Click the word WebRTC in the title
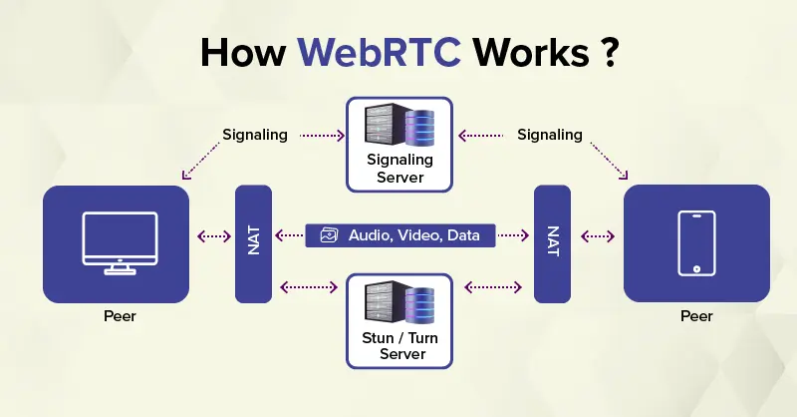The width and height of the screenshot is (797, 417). tap(380, 52)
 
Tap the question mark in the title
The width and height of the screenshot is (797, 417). tap(610, 52)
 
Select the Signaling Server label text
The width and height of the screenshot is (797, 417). tap(399, 169)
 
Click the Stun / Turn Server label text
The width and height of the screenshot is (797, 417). tap(400, 346)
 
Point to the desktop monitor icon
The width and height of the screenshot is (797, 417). tap(120, 243)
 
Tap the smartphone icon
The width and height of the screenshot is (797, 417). tap(696, 243)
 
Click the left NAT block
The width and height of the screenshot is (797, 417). tap(253, 243)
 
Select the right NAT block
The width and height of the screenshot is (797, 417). tap(552, 243)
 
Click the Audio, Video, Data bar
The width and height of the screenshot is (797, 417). tap(400, 235)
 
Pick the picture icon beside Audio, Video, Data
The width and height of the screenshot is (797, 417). tap(329, 235)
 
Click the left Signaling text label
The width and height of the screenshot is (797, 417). tap(255, 135)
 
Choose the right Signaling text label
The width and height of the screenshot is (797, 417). tap(550, 135)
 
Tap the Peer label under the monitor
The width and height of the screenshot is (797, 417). tap(120, 316)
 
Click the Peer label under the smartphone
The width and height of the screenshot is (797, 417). tap(696, 316)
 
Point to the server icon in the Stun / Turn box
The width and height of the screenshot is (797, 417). tap(399, 302)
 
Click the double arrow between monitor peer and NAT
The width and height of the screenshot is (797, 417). tap(214, 236)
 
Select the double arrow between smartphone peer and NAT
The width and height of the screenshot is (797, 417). tap(598, 236)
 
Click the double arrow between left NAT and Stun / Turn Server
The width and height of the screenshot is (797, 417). tap(309, 287)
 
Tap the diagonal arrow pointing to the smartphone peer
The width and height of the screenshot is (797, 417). tap(609, 161)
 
